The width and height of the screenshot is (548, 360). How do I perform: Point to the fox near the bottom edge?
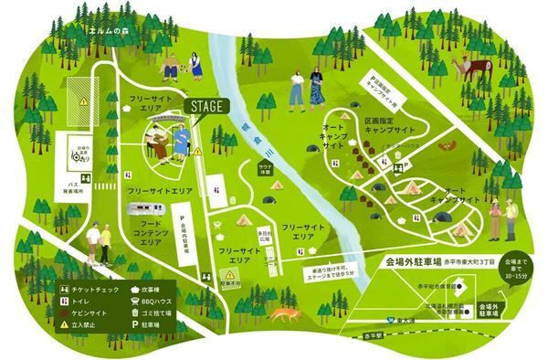pyautogui.click(x=284, y=315)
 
